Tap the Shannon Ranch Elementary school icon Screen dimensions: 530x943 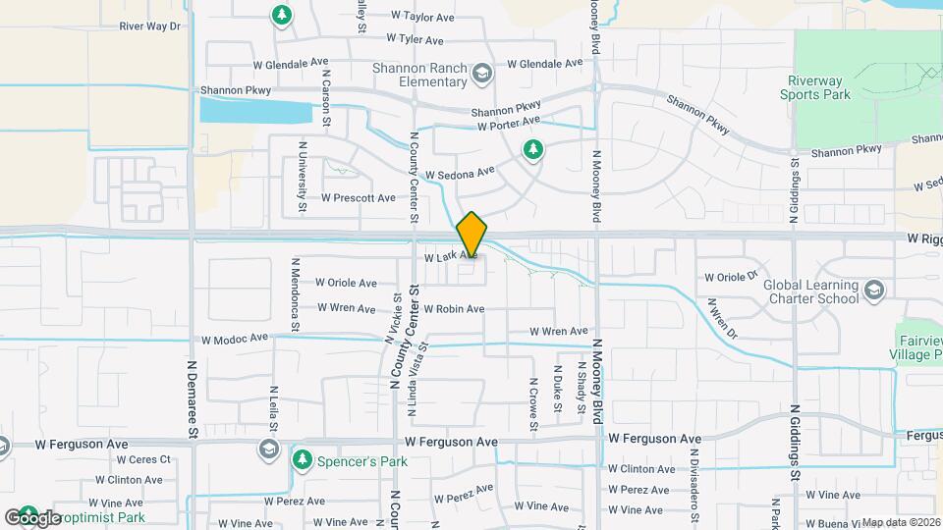click(x=482, y=73)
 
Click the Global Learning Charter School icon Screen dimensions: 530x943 click(x=874, y=291)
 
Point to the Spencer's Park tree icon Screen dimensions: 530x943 click(x=303, y=459)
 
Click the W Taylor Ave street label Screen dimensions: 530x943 click(x=422, y=17)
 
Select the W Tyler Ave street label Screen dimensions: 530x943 click(x=415, y=39)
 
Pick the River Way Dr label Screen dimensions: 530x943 click(x=150, y=26)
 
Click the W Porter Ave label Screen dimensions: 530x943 click(x=509, y=123)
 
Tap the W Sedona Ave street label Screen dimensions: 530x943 click(x=461, y=174)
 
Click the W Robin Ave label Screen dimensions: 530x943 click(x=454, y=309)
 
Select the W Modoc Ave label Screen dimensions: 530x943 click(x=235, y=339)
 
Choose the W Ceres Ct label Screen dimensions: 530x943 click(x=143, y=459)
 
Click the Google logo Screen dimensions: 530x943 click(x=32, y=517)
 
